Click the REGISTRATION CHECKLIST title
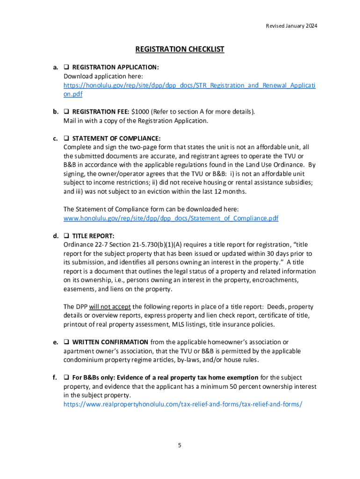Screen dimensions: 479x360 (x=180, y=49)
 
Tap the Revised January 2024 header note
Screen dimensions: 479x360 (x=289, y=26)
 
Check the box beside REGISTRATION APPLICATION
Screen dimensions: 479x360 (x=66, y=67)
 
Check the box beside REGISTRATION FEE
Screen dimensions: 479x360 (x=66, y=112)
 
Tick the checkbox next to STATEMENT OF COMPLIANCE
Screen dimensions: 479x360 (x=66, y=138)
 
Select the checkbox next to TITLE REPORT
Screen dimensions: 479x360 (x=66, y=236)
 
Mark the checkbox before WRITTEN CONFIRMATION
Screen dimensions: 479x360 (x=66, y=342)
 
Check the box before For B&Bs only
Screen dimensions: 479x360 (x=66, y=377)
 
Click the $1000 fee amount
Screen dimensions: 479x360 (x=139, y=112)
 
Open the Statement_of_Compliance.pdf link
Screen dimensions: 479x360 (x=171, y=218)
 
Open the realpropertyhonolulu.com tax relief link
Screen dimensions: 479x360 (x=183, y=404)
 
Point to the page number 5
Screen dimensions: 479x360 (x=180, y=445)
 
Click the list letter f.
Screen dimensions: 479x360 (x=55, y=377)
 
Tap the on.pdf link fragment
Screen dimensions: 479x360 (x=73, y=94)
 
